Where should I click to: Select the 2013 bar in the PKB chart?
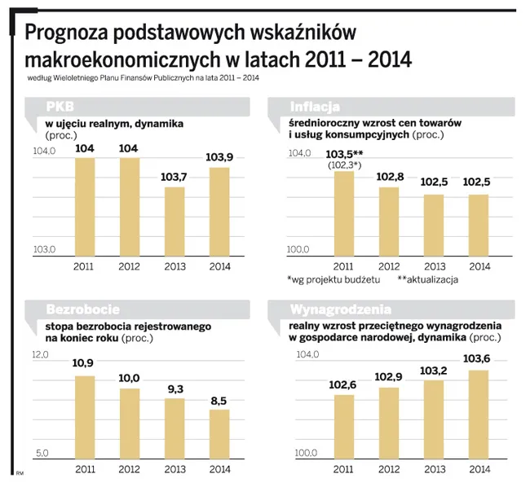175,222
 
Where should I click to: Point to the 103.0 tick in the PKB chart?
43,249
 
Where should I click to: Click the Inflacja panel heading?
316,106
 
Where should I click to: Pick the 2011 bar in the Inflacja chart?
344,215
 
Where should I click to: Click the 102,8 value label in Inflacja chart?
389,177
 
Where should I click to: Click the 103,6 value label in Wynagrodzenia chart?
479,359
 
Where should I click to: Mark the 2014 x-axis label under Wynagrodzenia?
479,468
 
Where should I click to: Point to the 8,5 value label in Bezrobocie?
219,400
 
